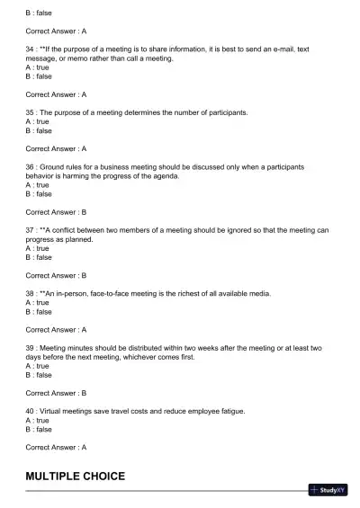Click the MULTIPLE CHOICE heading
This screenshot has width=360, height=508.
[75, 476]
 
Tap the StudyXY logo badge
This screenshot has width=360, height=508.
[328, 490]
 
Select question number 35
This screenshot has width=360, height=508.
[31, 112]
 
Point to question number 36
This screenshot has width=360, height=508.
[31, 166]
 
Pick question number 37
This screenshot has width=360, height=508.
[31, 230]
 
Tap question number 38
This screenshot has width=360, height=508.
[31, 294]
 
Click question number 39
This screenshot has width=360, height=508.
[31, 348]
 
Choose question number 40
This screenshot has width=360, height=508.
[31, 411]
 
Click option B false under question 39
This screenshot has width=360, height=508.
[39, 375]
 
